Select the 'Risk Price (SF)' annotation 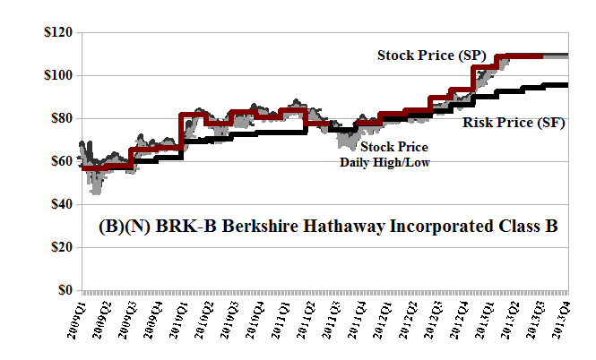point(514,123)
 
